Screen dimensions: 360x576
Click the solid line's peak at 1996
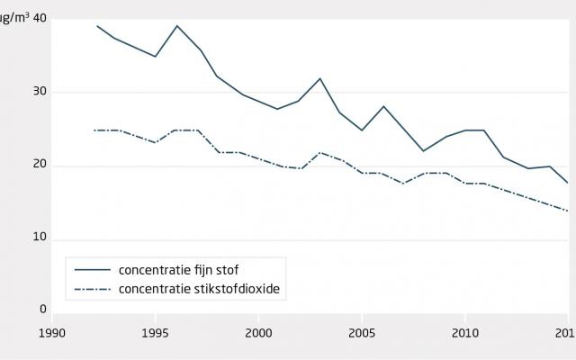176,26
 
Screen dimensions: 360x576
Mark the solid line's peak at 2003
320,78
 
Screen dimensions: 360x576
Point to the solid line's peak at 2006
382,106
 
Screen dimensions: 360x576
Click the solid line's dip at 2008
424,150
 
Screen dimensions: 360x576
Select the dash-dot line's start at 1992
94,130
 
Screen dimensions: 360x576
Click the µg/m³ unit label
13,19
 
